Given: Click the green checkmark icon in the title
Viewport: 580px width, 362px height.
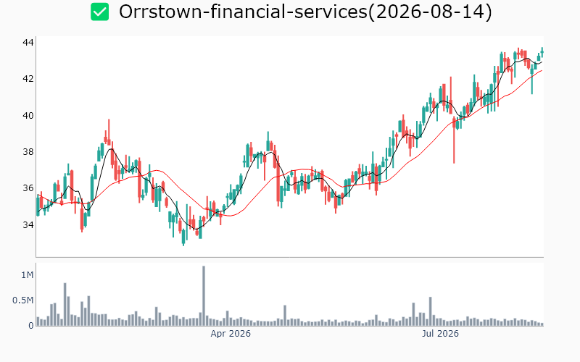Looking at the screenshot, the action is click(100, 12).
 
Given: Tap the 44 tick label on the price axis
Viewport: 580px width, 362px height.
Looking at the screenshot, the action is click(28, 43).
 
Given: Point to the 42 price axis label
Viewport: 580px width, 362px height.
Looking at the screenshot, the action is click(28, 79).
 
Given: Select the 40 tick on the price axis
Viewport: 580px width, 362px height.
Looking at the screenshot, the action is click(28, 116).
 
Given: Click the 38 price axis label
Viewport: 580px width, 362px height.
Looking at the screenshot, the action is click(28, 152).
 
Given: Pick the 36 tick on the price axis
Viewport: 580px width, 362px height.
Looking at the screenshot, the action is click(28, 188).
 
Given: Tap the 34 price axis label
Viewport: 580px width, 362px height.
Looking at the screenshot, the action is click(28, 224).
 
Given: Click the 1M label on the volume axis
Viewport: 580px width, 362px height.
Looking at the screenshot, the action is click(28, 275).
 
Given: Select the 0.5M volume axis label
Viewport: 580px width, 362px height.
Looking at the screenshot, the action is click(23, 300).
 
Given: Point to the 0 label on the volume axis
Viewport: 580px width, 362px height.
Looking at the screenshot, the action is click(31, 325).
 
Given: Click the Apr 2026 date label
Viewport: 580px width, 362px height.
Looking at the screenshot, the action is click(231, 334).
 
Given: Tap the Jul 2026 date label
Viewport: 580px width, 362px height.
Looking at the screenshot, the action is click(440, 334).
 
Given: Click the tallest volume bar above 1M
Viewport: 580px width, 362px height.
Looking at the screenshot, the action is click(204, 295).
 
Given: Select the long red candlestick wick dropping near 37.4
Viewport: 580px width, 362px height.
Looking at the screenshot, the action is click(455, 140).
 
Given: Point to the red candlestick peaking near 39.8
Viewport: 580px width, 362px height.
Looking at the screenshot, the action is click(109, 132).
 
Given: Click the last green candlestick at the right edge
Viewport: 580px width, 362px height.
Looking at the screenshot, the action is click(542, 52).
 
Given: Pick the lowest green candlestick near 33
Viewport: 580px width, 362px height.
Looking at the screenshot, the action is click(183, 237).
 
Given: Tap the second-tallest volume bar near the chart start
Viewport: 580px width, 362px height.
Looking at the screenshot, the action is click(65, 304).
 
